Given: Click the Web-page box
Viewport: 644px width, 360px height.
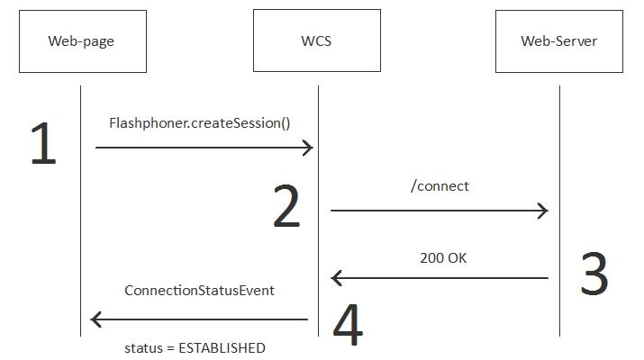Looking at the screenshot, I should click(x=82, y=41).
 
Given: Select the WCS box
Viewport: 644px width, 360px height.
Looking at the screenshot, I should click(x=316, y=41).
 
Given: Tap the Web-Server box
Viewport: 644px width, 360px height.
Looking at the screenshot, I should click(x=558, y=41).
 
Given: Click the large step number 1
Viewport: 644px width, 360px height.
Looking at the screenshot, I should click(x=43, y=145).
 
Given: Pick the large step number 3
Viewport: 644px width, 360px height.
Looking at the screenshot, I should click(x=594, y=274).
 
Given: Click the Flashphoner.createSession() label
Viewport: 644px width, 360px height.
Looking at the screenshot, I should click(x=200, y=122).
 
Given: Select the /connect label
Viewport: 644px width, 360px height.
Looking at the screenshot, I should click(x=440, y=186).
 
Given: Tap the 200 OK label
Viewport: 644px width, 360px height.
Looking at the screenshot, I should click(x=443, y=258).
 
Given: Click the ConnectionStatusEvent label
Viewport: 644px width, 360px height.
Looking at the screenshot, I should click(x=199, y=291).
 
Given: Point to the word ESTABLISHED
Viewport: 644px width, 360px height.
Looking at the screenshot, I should click(x=222, y=348).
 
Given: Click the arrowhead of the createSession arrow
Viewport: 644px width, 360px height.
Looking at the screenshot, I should click(x=308, y=148).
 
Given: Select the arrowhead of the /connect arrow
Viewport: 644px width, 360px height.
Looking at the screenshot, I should click(x=543, y=211).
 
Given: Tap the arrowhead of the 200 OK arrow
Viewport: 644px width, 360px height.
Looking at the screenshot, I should click(x=336, y=278).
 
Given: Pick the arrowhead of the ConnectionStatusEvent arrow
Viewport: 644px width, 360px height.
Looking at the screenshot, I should click(x=96, y=319).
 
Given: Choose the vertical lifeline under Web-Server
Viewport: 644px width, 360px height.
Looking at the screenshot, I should click(x=559, y=162).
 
